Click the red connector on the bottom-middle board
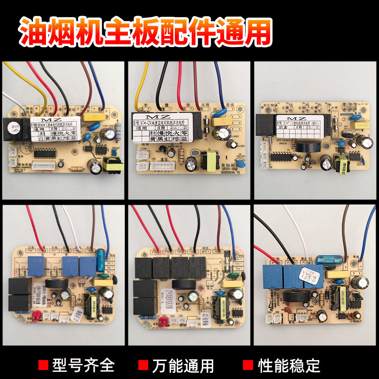pos(162,320)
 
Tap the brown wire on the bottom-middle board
pos(217,233)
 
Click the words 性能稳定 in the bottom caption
pos(289,365)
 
